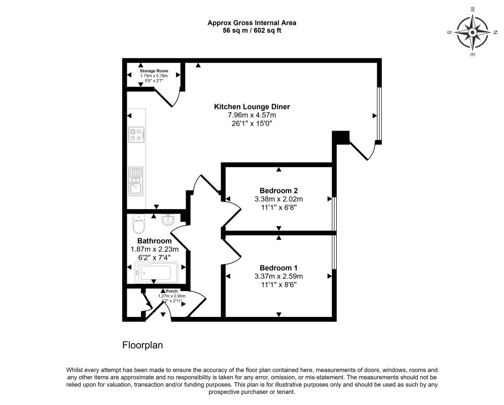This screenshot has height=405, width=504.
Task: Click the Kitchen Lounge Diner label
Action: coord(252,107)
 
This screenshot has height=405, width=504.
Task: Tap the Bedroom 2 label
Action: coord(279,191)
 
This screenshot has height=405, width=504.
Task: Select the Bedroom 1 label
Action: coord(279,268)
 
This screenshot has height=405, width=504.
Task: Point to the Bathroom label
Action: coord(155,240)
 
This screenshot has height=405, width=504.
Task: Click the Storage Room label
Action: coord(154,71)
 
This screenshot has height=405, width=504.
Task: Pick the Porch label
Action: coord(172,291)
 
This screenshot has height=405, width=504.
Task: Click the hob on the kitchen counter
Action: coord(136,135)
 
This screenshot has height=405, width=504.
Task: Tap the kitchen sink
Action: coord(136,181)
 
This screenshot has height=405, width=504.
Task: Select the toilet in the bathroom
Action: coord(139,224)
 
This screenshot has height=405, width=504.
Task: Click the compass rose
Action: coord(472,32)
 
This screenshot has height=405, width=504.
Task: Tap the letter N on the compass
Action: coord(495,32)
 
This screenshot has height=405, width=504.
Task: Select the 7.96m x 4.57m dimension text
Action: coord(252,115)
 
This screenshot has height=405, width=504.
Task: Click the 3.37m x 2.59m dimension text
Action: coord(279,276)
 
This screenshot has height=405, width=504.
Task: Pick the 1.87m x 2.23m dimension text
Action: coord(155,249)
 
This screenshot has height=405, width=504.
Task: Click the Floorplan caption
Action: coord(142,345)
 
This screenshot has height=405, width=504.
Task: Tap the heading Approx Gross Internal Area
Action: coord(252,23)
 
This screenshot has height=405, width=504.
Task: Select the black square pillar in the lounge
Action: coord(340,137)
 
